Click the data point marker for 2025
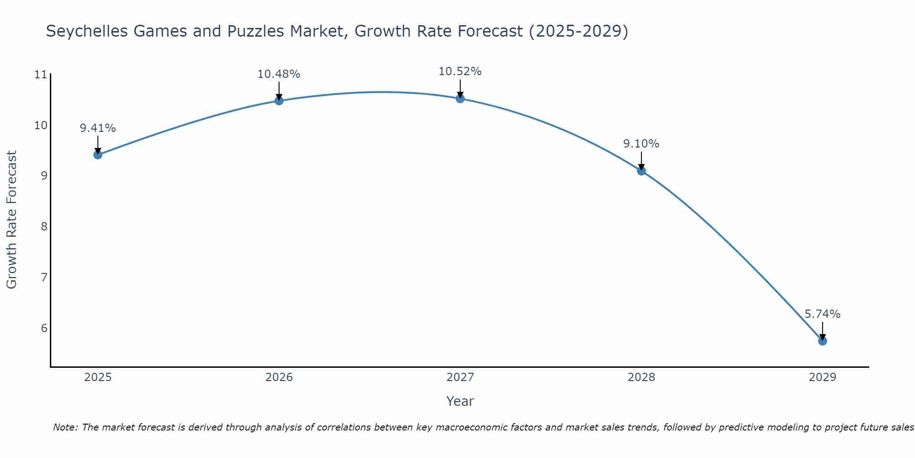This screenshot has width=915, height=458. (x=98, y=155)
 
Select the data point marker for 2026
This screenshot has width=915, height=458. (x=279, y=100)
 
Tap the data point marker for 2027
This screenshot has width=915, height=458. (x=460, y=98)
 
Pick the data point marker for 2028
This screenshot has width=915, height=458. (x=641, y=171)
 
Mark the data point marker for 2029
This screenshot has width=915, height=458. (x=822, y=341)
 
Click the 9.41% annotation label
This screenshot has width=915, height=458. (x=98, y=128)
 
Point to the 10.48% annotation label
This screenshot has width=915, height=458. (x=279, y=74)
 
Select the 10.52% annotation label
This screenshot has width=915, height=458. (x=460, y=71)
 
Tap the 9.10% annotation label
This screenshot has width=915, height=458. (x=641, y=144)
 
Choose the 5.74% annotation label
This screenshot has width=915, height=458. (x=822, y=314)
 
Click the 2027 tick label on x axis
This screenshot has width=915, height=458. (x=460, y=377)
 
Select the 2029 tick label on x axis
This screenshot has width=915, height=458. (x=822, y=377)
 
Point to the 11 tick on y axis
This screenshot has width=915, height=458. (x=41, y=75)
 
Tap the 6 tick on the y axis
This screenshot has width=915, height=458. (x=44, y=328)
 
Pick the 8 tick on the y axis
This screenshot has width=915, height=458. (x=44, y=227)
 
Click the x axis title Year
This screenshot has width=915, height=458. (x=460, y=401)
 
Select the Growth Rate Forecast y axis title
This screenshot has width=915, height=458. (x=11, y=220)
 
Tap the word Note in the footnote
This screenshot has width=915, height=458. (x=65, y=427)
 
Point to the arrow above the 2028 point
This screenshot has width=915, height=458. (x=641, y=160)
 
